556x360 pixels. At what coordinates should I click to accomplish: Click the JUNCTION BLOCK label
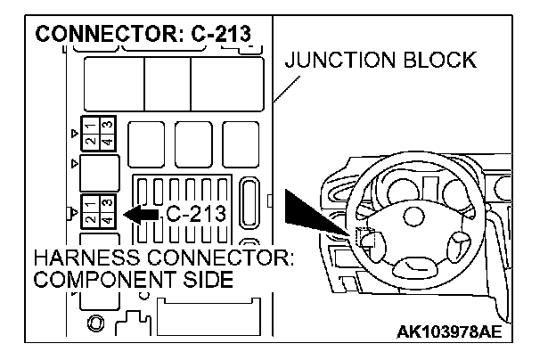(381, 61)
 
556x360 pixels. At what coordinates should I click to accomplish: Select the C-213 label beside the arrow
(196, 214)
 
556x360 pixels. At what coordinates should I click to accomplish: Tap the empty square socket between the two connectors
(99, 169)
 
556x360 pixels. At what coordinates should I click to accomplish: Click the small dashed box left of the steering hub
(366, 238)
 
